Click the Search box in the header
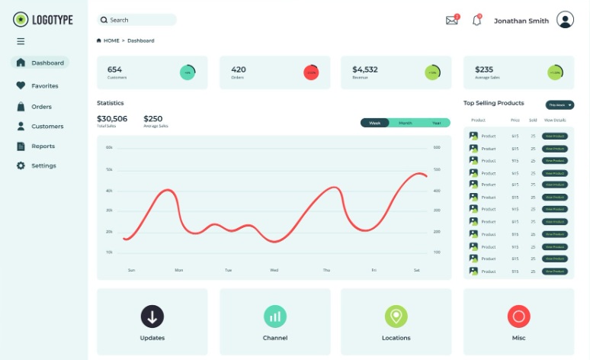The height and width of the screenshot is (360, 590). tap(136, 20)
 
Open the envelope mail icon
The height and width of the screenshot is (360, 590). tap(452, 21)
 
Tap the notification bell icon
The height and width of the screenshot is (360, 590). tap(477, 21)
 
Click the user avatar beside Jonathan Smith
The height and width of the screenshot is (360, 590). tap(565, 21)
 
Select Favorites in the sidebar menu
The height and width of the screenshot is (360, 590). tap(44, 86)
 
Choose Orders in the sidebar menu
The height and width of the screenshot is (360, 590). tap(41, 107)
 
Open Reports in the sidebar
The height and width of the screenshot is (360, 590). tap(43, 146)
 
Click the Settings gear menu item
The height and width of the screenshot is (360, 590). tap(43, 166)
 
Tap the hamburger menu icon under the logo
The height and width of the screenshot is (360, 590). tap(21, 41)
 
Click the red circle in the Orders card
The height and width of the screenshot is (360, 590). tap(311, 72)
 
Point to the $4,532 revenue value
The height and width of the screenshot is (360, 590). tap(365, 69)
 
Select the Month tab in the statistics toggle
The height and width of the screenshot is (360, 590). tap(405, 123)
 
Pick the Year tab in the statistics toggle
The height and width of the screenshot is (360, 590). tap(436, 123)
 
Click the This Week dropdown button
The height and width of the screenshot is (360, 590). tap(560, 104)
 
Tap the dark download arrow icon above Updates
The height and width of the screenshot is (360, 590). tap(152, 316)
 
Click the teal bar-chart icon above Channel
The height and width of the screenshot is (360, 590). tap(275, 316)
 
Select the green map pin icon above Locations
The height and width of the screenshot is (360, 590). tap(396, 316)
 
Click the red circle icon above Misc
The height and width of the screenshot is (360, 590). tap(518, 316)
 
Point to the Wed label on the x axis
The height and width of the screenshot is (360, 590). tap(274, 270)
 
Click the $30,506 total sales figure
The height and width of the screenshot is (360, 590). tap(112, 118)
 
